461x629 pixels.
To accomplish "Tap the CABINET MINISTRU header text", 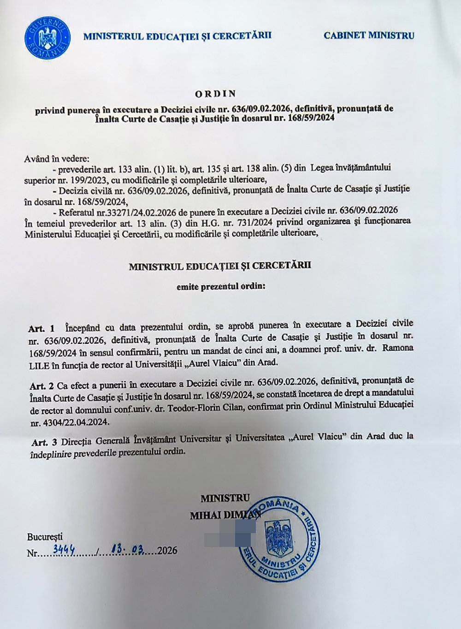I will click(369, 36).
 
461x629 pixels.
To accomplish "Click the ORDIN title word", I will click(216, 94).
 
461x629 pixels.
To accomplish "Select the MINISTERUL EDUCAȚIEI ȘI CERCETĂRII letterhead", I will click(177, 36).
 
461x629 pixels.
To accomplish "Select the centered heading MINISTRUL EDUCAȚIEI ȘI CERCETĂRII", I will click(220, 266).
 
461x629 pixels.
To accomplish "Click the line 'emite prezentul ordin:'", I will click(221, 287).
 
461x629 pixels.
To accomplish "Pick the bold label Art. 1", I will click(42, 329).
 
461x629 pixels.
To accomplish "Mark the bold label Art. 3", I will click(44, 442).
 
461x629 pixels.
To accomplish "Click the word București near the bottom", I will click(45, 537).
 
